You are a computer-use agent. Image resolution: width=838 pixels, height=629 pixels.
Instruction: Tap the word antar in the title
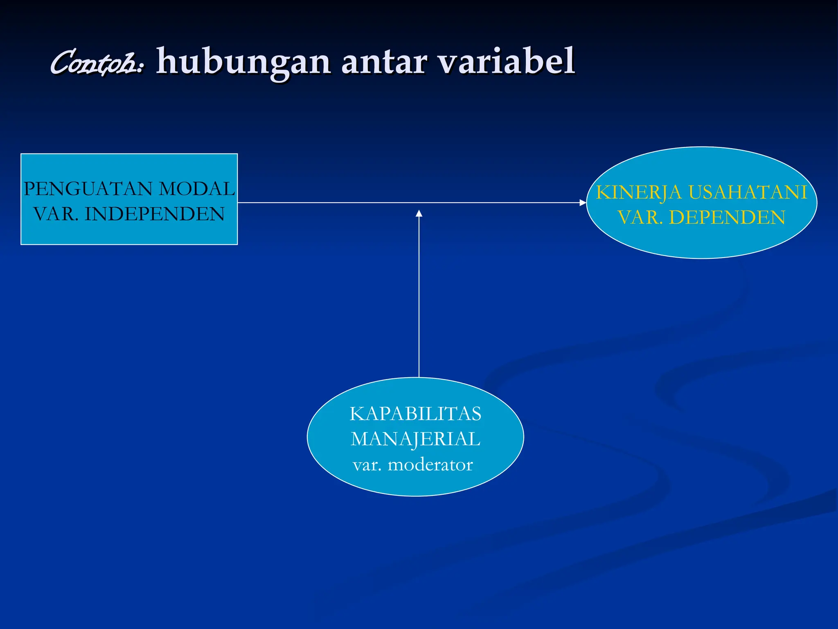[x=384, y=62]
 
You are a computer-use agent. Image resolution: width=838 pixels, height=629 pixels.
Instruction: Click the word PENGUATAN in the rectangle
[x=88, y=189]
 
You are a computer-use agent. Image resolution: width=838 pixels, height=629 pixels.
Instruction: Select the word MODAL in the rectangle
[x=197, y=189]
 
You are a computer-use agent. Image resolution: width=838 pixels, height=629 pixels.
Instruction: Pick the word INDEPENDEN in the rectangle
[x=155, y=214]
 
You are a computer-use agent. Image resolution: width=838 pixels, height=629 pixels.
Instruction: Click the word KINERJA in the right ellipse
[x=639, y=192]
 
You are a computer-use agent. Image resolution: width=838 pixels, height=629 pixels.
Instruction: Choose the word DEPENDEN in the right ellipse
[x=727, y=217]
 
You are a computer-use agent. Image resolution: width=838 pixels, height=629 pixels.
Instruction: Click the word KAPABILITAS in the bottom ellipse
[x=415, y=414]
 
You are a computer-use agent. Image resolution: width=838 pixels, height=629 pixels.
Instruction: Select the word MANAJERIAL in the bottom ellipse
[x=415, y=439]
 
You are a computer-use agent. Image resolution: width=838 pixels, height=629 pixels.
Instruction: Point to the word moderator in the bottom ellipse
[x=430, y=465]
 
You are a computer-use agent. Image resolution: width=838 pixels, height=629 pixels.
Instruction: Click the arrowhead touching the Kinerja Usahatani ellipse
[x=583, y=203]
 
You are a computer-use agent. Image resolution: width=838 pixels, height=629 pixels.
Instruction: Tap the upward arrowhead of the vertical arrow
[x=419, y=213]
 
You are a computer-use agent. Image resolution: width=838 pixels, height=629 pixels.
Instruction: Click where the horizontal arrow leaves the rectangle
[x=239, y=203]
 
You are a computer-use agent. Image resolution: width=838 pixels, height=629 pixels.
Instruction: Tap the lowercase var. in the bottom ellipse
[x=367, y=465]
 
